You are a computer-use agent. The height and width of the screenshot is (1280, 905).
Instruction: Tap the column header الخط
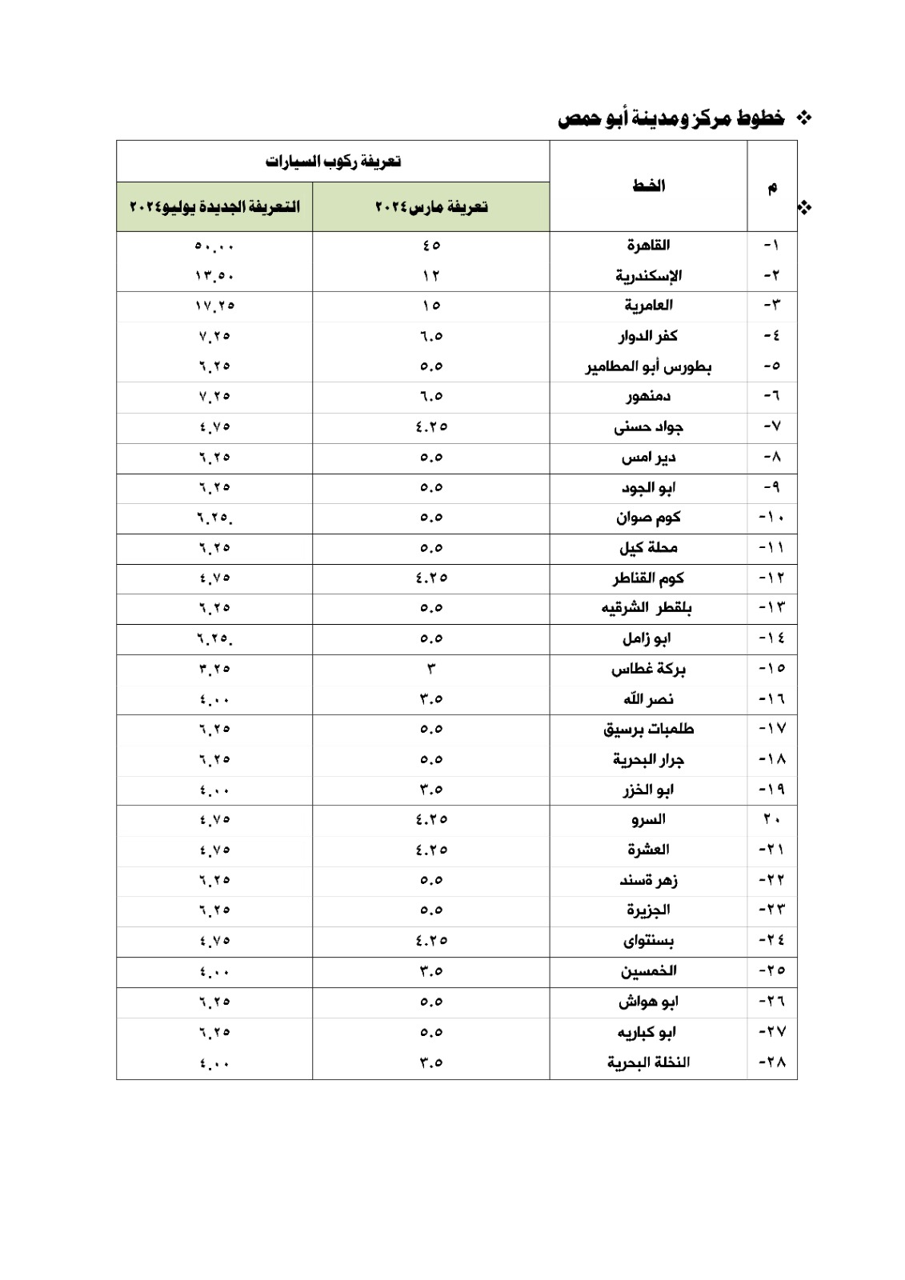[648, 186]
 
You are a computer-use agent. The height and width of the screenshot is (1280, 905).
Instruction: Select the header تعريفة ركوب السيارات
[333, 162]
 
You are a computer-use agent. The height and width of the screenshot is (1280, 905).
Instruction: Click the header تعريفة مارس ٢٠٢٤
[431, 207]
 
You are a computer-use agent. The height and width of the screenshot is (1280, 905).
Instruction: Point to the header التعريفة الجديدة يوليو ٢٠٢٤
[214, 207]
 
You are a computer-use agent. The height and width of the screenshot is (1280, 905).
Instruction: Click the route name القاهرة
[648, 246]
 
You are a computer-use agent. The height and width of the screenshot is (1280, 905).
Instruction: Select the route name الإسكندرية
[648, 276]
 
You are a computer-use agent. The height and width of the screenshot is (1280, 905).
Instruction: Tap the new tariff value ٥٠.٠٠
[214, 246]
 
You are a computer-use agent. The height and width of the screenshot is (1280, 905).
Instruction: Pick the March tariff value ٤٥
[431, 246]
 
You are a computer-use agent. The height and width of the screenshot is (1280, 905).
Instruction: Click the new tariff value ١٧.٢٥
[214, 306]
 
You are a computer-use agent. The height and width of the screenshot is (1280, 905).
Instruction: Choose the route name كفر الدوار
[648, 336]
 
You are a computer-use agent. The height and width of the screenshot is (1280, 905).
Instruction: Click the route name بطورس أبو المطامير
[648, 366]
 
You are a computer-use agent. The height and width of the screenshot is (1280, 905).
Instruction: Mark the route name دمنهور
[648, 396]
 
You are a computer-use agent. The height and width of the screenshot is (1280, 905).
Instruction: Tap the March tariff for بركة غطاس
[431, 669]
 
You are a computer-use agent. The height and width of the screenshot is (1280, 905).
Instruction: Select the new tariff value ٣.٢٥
[214, 669]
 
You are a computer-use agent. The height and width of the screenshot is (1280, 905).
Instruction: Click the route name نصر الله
[648, 699]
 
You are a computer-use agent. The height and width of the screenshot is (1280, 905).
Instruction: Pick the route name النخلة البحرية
[648, 1062]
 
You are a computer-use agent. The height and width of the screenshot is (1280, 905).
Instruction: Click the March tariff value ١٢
[431, 276]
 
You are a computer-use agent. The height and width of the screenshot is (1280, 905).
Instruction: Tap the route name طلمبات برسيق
[648, 730]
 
